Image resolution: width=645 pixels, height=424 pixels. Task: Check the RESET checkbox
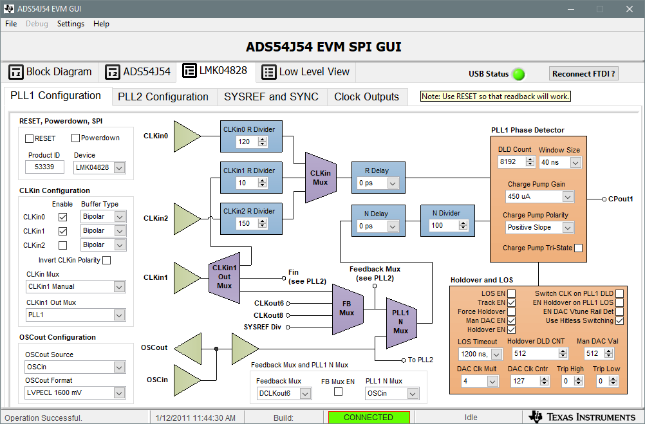click(29, 138)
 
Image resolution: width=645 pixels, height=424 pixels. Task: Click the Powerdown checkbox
click(75, 138)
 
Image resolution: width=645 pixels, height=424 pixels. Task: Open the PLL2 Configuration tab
click(164, 97)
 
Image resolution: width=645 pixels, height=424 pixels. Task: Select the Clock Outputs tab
click(366, 97)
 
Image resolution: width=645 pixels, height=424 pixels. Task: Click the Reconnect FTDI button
click(583, 73)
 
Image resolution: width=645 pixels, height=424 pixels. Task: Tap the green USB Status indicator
click(519, 75)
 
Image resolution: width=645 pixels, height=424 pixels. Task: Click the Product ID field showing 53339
click(44, 167)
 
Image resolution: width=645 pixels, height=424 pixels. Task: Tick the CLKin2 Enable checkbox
click(62, 245)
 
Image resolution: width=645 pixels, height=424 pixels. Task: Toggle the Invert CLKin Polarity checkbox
click(107, 261)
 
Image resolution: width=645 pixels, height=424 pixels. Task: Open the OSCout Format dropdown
click(75, 392)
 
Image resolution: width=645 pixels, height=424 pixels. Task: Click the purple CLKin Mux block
click(321, 178)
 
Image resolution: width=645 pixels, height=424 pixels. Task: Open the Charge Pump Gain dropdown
click(539, 197)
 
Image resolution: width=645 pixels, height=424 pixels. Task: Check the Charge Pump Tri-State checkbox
click(578, 248)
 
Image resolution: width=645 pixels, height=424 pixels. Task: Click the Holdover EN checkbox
click(511, 330)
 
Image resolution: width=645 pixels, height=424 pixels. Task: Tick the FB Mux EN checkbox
click(338, 392)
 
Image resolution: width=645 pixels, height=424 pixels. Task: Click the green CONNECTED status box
click(369, 418)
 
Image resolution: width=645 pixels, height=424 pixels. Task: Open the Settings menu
click(71, 24)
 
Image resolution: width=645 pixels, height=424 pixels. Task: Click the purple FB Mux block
click(348, 309)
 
